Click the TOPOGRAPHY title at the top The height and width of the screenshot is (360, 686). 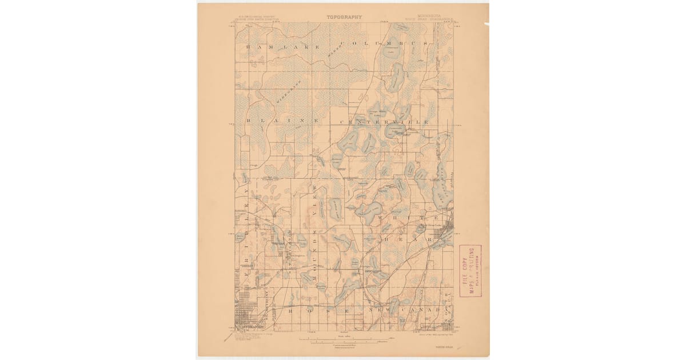pos(344,17)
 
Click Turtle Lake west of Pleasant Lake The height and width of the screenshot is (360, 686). pos(336,210)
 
